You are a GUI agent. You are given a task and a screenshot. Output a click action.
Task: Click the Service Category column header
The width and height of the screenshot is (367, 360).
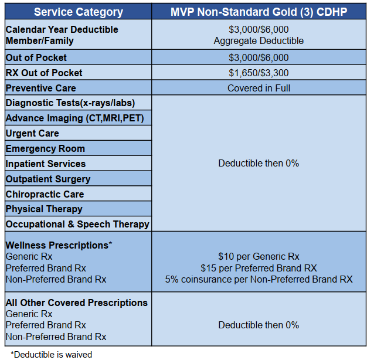tap(79, 12)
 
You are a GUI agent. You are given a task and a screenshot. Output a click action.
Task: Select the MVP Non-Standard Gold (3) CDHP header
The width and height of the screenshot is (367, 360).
tap(259, 12)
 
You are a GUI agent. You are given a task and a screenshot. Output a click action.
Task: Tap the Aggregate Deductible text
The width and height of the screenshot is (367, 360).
tap(259, 40)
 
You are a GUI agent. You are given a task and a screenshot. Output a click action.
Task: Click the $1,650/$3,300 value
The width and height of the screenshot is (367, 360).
tap(259, 73)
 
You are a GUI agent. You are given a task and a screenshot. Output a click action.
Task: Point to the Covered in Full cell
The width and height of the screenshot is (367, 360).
tap(259, 89)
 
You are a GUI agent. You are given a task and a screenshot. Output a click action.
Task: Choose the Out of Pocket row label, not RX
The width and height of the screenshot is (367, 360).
tap(36, 57)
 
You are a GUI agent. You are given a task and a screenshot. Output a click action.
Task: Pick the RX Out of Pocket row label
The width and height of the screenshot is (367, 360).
tap(44, 73)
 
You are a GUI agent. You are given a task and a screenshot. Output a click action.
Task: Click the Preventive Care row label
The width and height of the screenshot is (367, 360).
tap(40, 89)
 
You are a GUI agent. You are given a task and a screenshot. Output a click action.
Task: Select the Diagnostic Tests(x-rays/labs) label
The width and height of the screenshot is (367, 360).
tap(70, 103)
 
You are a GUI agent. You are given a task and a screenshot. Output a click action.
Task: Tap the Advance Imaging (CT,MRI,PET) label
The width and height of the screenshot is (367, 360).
tap(74, 118)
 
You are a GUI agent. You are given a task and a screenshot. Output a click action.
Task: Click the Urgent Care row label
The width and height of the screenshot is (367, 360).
tap(32, 134)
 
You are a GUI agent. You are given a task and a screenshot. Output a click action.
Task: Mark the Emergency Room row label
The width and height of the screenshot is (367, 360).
tap(45, 149)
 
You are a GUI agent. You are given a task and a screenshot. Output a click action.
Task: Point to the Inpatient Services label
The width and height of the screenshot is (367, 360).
tap(46, 164)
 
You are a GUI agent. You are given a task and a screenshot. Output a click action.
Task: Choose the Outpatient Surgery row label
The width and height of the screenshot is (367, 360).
tap(48, 179)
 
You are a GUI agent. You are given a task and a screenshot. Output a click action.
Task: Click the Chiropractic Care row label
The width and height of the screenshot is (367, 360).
tap(45, 194)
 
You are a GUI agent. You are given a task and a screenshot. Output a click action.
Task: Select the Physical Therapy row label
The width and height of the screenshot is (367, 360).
tap(44, 209)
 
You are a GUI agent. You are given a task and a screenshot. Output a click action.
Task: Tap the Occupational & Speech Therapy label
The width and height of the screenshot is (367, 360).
tap(77, 224)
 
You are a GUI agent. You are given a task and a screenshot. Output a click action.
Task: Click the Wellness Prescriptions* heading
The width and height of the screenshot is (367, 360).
tap(59, 245)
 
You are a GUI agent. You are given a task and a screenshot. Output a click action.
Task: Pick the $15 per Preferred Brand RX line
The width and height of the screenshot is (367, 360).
tap(259, 268)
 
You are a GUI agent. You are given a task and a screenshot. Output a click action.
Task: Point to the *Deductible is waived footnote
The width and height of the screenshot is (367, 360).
tap(51, 355)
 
